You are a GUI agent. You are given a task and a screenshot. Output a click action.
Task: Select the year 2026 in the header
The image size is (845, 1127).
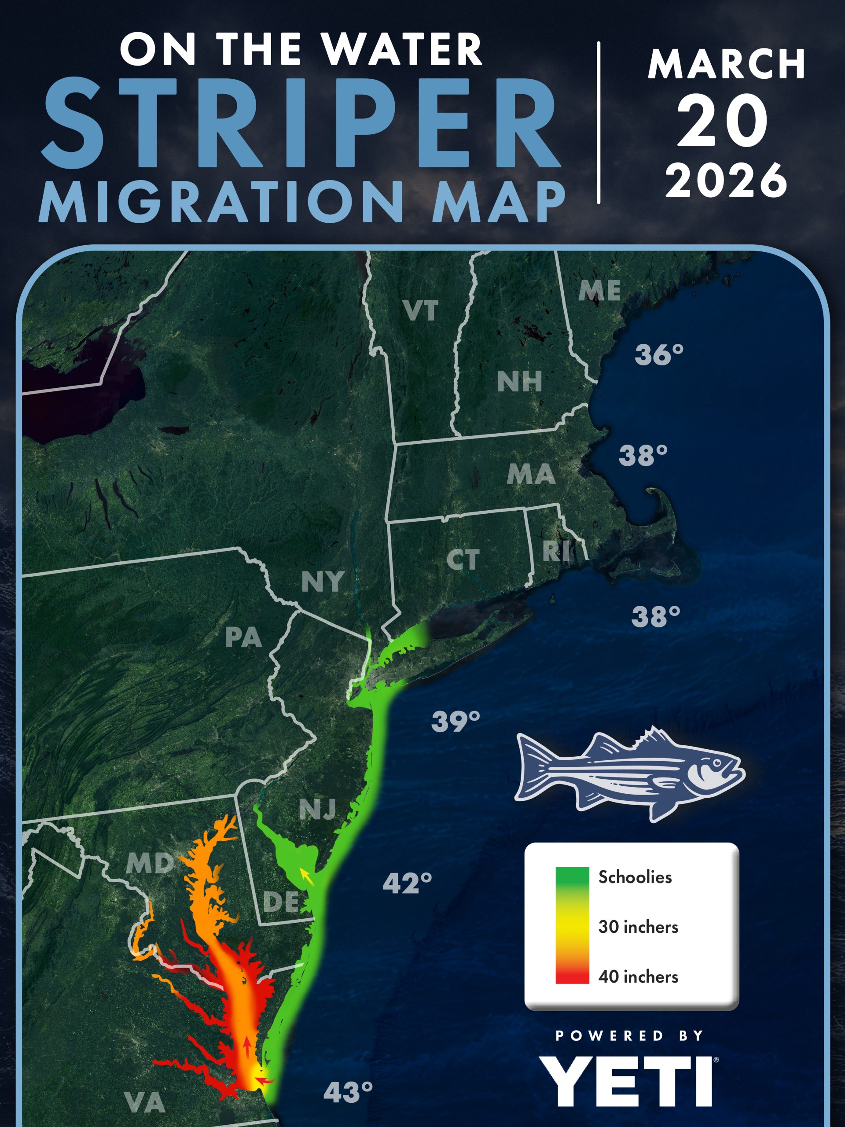click(x=726, y=180)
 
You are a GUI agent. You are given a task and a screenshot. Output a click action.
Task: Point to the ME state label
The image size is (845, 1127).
click(x=599, y=291)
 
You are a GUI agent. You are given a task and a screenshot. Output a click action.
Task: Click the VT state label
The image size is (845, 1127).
click(x=420, y=311)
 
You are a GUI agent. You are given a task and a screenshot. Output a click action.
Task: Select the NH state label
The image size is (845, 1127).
click(x=519, y=382)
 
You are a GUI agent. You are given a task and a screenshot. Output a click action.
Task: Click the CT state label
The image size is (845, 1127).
click(x=463, y=560)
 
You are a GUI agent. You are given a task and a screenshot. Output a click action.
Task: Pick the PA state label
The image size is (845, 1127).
click(x=243, y=637)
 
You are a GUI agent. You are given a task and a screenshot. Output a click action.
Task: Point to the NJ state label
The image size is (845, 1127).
click(x=317, y=809)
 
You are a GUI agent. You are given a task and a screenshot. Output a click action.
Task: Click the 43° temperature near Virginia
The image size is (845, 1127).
click(x=348, y=1092)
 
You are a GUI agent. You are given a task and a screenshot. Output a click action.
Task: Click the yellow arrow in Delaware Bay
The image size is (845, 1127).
click(x=306, y=876)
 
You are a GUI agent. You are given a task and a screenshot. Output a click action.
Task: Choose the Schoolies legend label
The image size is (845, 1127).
click(x=635, y=877)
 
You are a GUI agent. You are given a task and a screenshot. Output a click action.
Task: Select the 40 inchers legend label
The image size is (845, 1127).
click(x=638, y=977)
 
